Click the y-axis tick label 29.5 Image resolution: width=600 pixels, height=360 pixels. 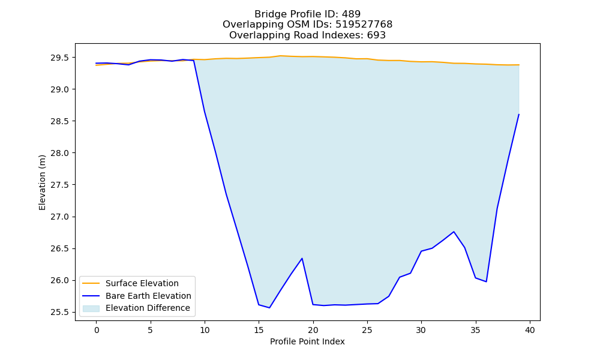pos(59,58)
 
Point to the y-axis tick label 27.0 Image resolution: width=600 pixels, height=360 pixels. pos(59,217)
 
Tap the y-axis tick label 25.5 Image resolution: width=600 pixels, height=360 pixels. pos(59,312)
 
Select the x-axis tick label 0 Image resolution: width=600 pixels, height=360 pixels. pos(97,330)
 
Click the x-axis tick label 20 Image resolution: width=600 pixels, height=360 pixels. pos(313,330)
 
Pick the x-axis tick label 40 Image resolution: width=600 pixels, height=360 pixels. pos(530,330)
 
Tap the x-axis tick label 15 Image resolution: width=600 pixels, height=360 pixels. pos(259,330)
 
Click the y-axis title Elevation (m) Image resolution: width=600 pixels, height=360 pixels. pos(42,182)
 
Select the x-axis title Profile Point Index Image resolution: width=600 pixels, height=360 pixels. pos(307,341)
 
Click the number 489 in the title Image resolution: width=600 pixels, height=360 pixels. pos(351,14)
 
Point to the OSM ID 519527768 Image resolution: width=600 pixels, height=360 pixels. pos(364,25)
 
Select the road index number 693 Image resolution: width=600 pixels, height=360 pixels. pos(376,35)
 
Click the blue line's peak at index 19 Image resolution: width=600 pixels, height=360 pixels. pos(302,258)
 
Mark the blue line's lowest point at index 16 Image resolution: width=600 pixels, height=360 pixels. pos(269,308)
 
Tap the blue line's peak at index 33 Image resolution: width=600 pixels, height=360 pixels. pos(454,232)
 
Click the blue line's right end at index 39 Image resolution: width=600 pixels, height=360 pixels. pos(519,115)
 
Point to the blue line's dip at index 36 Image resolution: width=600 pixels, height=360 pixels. pos(487,281)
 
